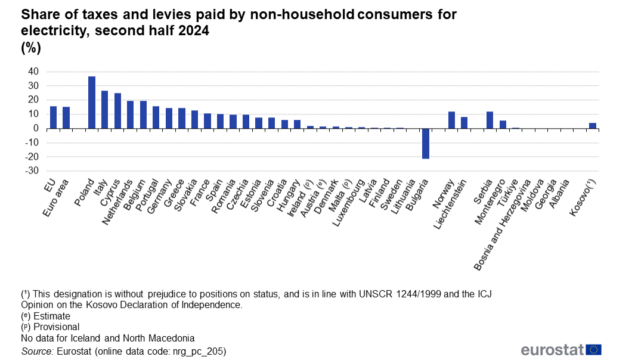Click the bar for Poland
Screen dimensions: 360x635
92,102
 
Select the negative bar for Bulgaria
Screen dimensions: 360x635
426,143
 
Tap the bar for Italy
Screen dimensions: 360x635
104,109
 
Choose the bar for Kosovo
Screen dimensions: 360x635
592,125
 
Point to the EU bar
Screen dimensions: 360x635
53,117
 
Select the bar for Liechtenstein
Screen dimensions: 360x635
464,122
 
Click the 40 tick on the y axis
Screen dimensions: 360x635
33,72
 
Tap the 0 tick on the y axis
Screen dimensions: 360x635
36,128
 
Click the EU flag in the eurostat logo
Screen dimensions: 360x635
593,350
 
